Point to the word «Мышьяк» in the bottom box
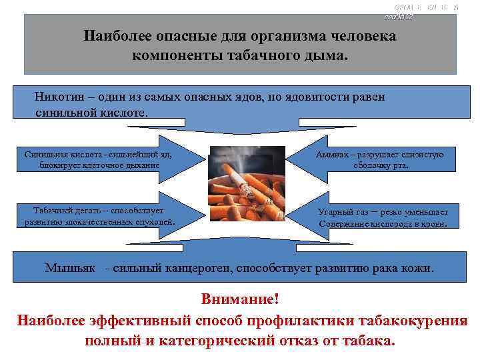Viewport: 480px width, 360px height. coord(73,269)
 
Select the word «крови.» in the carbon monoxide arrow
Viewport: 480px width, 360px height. coord(442,224)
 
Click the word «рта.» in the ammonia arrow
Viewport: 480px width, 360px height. coord(399,165)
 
